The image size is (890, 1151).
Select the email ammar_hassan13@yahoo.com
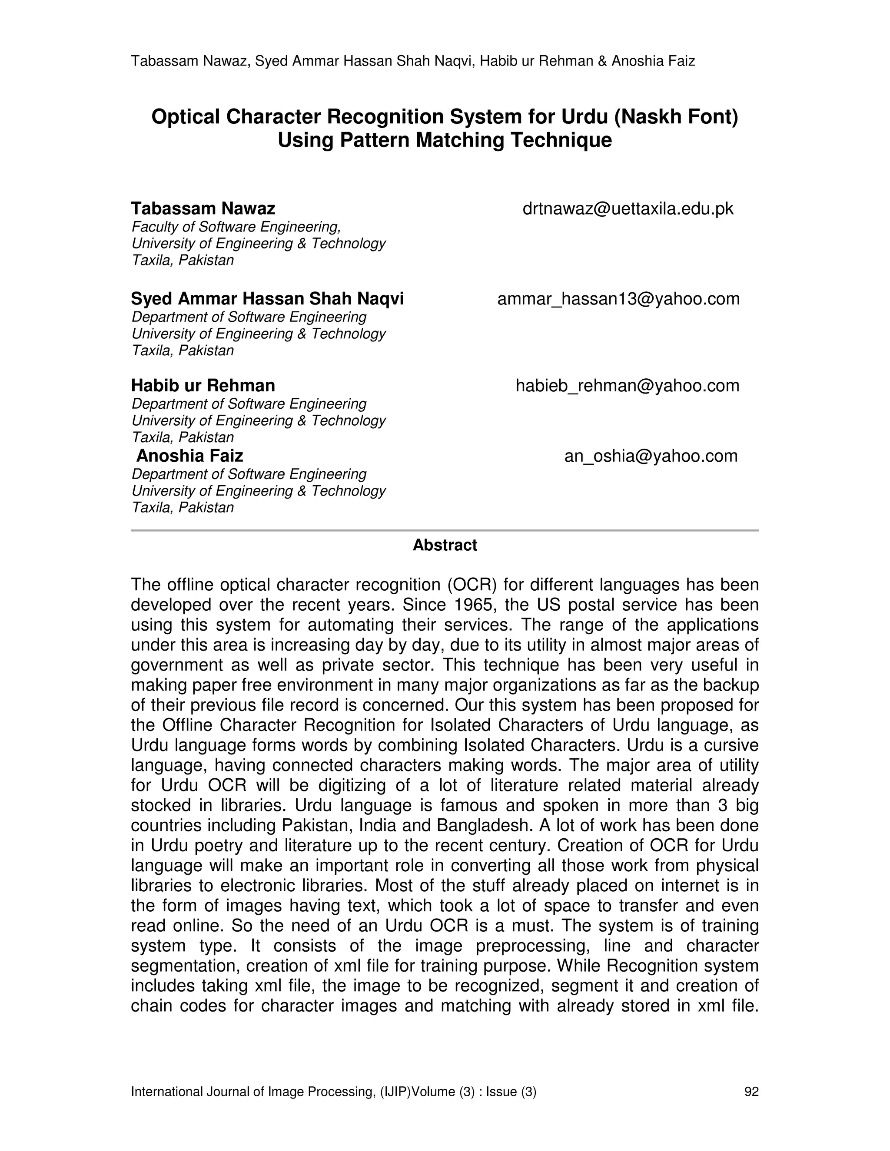(x=618, y=299)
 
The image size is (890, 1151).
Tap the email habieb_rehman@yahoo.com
(x=628, y=386)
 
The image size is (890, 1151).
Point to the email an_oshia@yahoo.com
(x=651, y=456)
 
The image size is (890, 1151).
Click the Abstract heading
(x=445, y=545)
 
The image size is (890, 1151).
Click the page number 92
(x=751, y=1092)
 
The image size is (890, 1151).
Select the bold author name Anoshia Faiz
(x=190, y=456)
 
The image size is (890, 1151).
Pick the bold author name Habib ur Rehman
(x=203, y=386)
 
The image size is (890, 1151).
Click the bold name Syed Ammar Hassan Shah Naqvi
(x=267, y=299)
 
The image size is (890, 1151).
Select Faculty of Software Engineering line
(x=236, y=227)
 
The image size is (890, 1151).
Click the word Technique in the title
(x=560, y=140)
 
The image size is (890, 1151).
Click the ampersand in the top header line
(x=602, y=61)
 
